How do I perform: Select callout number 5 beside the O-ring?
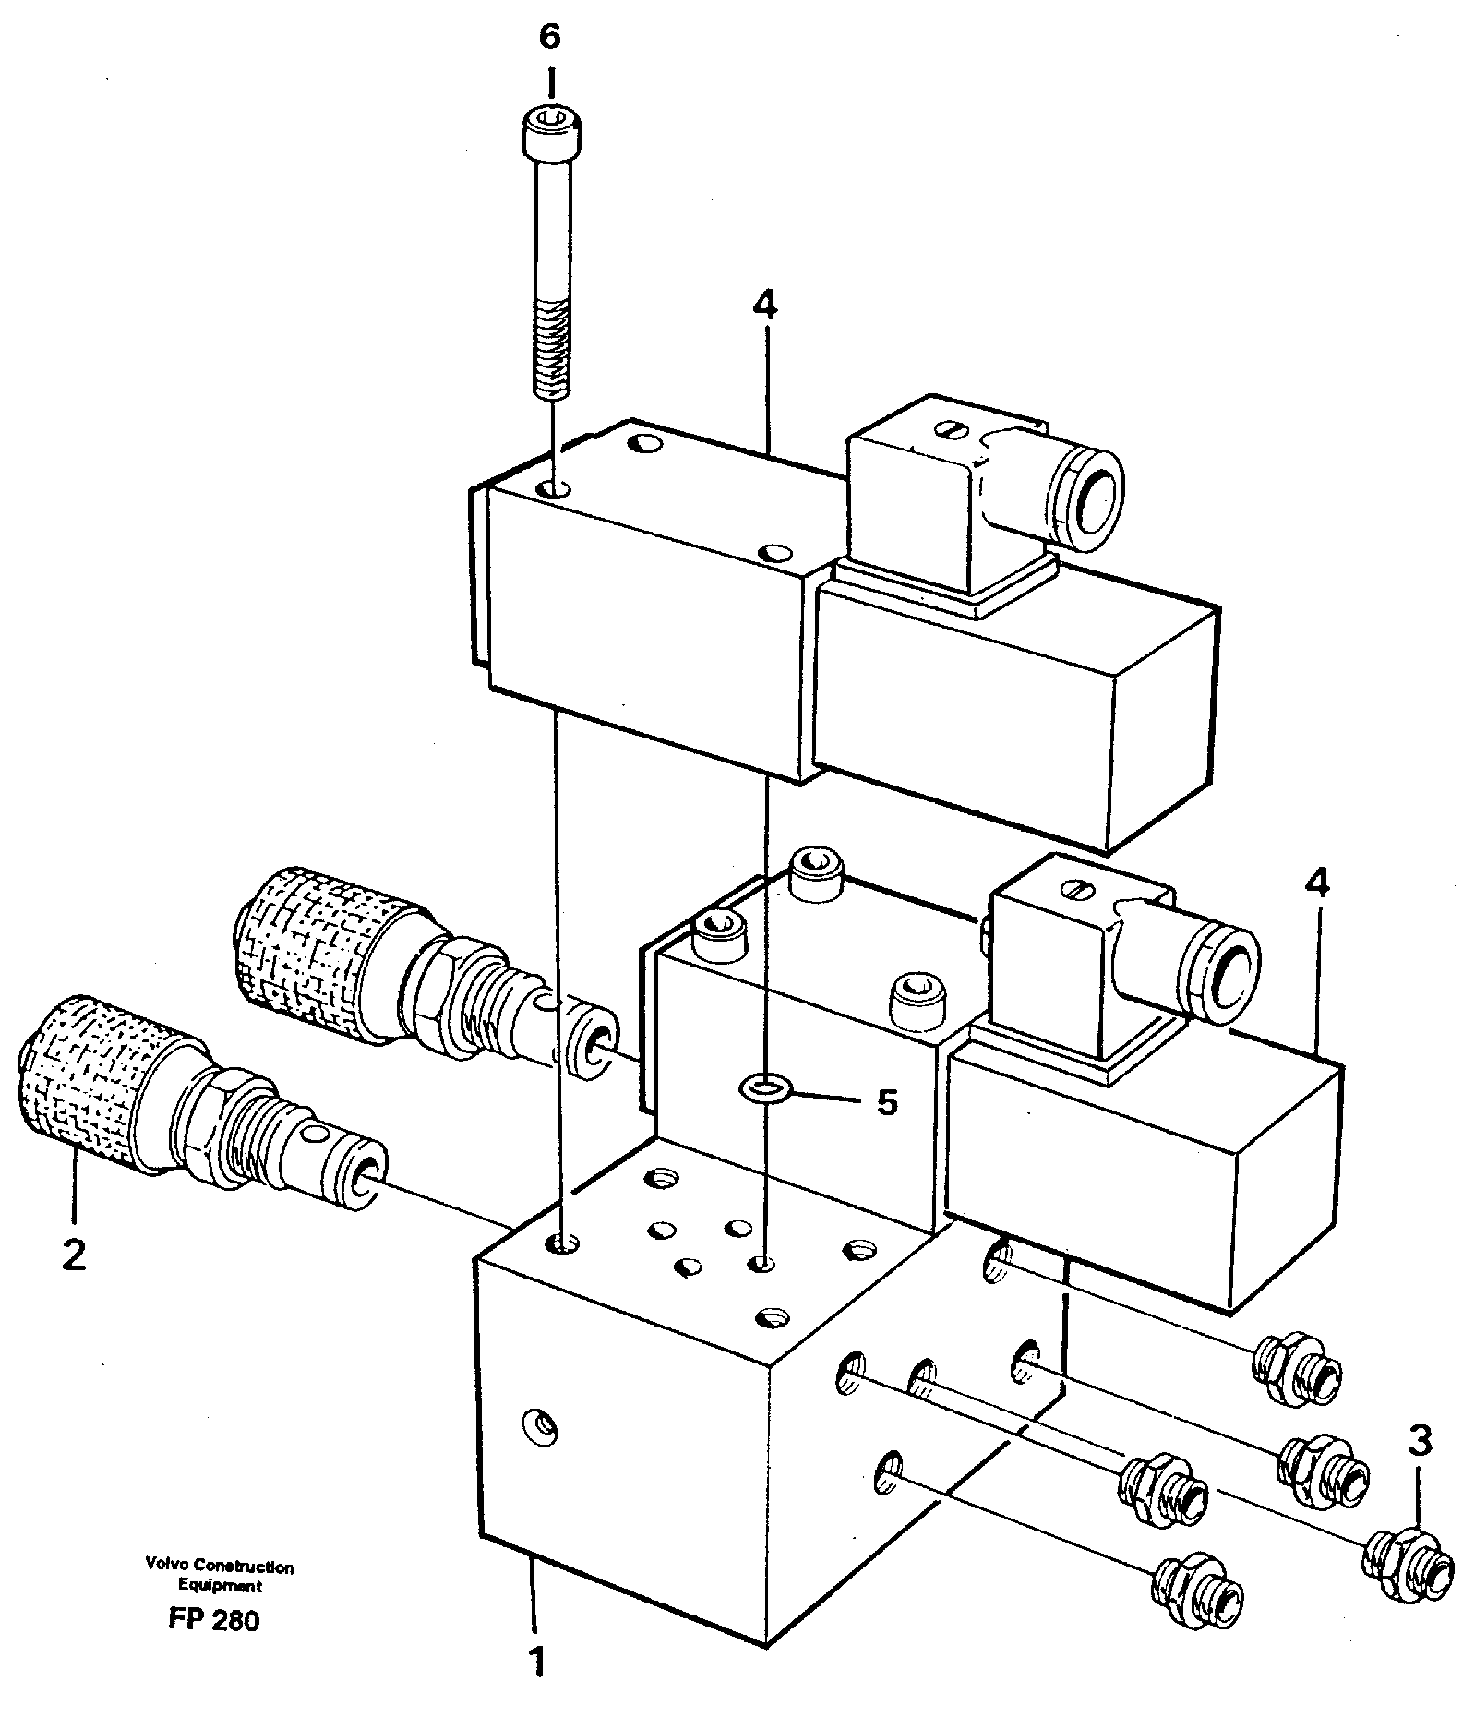click(x=886, y=1101)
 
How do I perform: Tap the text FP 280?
click(x=214, y=1619)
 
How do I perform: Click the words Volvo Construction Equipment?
click(x=219, y=1575)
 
